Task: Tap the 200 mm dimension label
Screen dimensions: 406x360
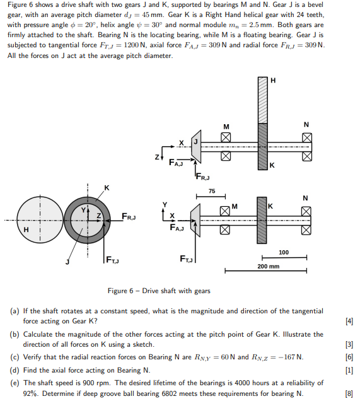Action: [x=269, y=266]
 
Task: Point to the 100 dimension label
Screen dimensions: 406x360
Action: [x=284, y=252]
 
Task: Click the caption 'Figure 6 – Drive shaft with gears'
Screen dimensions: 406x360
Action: [x=159, y=291]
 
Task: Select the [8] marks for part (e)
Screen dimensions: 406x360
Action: [x=349, y=394]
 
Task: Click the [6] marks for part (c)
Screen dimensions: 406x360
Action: [x=349, y=357]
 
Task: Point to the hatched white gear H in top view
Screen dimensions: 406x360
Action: [x=263, y=101]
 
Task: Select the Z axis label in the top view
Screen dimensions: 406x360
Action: [x=158, y=154]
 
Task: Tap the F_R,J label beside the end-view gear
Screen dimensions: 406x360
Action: [x=129, y=217]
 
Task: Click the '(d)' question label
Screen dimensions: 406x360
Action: [x=15, y=369]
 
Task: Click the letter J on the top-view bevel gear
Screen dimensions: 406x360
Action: [x=195, y=141]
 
